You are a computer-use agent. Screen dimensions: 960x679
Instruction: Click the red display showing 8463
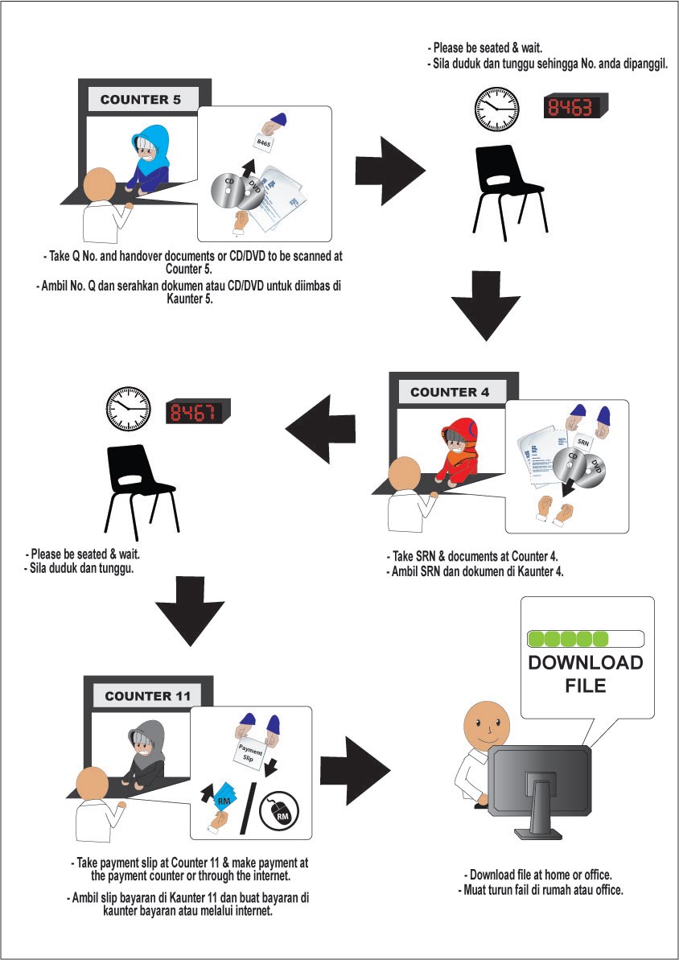coord(575,107)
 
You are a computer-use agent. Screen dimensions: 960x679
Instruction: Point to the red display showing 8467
coord(197,412)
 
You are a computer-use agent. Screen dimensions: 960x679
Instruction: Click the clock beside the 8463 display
coord(496,109)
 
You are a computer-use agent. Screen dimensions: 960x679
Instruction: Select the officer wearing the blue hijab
coord(150,157)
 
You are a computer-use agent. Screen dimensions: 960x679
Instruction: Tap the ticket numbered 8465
coord(264,142)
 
